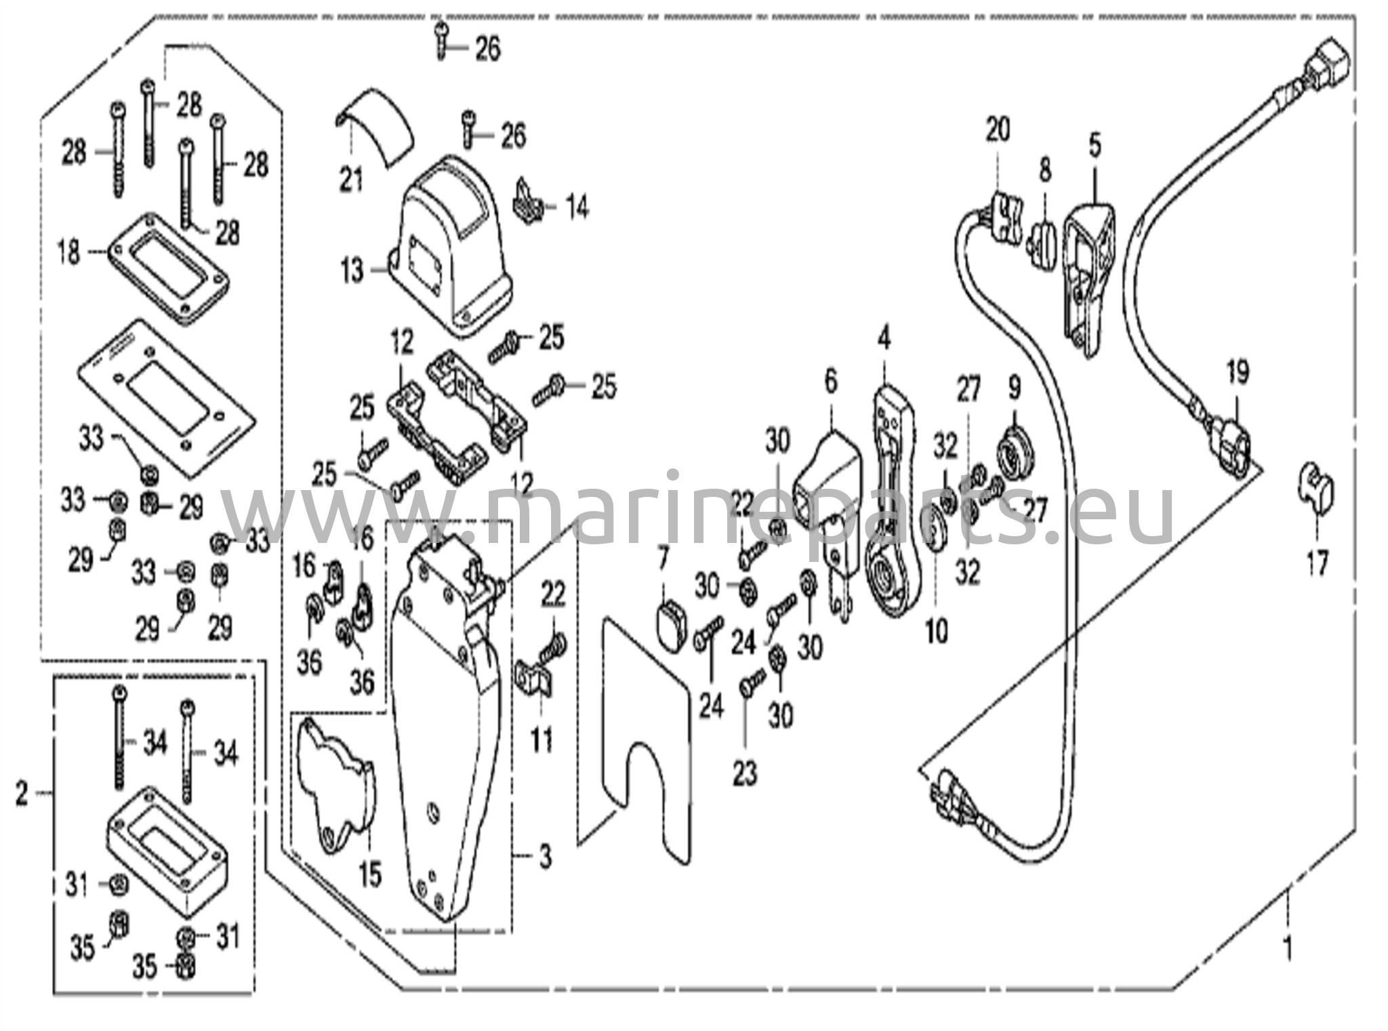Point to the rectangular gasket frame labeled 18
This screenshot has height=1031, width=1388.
[166, 268]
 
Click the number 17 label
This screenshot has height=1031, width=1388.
[1318, 563]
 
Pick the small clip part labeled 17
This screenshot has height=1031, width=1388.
[1315, 483]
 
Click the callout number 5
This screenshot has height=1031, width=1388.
[1095, 145]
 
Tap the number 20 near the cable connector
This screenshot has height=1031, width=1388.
[998, 129]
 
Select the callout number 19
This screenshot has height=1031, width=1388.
[1238, 372]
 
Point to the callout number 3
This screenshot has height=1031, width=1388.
[546, 857]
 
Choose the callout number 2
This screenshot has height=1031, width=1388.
[22, 792]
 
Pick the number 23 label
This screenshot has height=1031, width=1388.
[744, 772]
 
